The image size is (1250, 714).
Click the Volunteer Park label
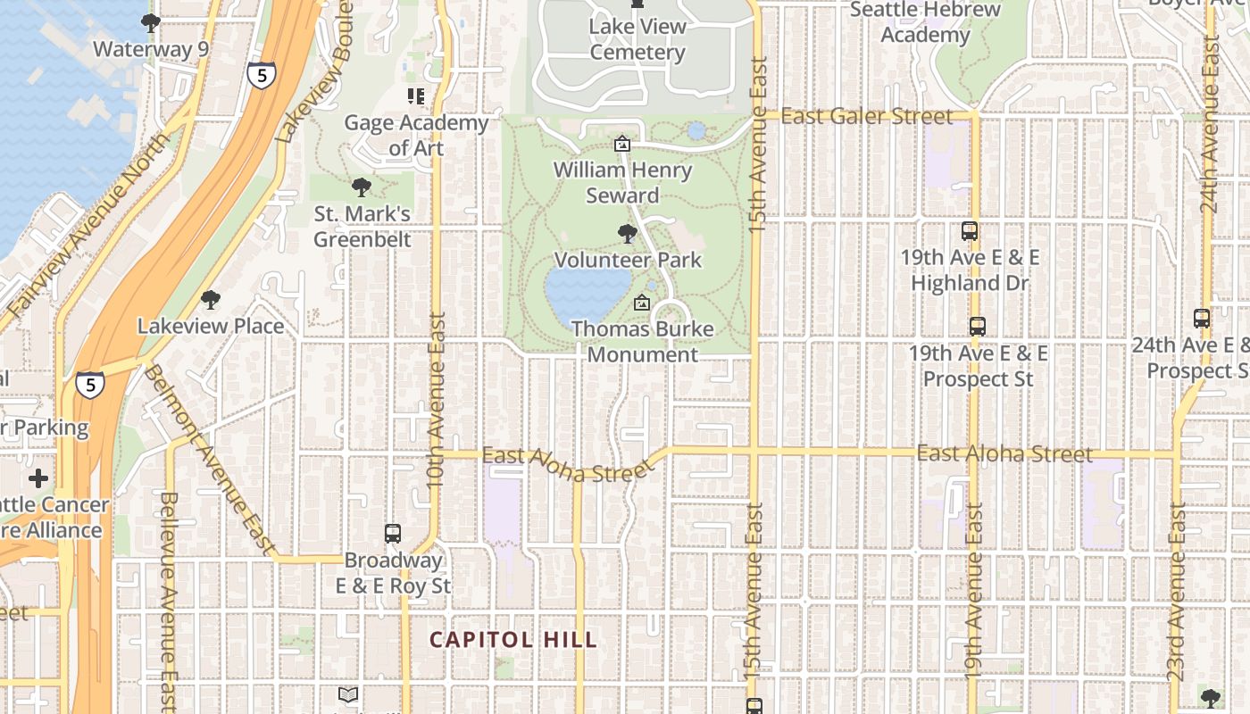(628, 261)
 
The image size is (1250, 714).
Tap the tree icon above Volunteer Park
(628, 234)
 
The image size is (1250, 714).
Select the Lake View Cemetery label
(637, 39)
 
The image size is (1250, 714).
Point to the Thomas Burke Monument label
(642, 342)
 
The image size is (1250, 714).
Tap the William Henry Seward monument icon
(622, 144)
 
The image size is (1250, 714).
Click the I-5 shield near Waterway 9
(261, 76)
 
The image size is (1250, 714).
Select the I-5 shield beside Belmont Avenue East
(89, 385)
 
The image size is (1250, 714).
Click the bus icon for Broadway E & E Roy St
(392, 534)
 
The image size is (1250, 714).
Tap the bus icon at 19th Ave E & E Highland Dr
(969, 231)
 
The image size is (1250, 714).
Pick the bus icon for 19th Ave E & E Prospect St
(978, 327)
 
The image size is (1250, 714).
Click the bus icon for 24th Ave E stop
(1202, 318)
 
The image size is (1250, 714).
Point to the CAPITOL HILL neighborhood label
(512, 640)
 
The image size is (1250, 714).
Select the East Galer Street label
(866, 116)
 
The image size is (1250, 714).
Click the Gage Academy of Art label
(416, 135)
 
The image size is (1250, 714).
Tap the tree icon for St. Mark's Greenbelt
(362, 187)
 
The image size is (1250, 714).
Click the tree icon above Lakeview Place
(210, 300)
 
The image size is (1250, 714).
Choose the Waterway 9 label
(150, 49)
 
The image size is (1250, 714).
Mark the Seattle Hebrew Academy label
(925, 22)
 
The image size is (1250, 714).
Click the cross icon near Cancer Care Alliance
(38, 478)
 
